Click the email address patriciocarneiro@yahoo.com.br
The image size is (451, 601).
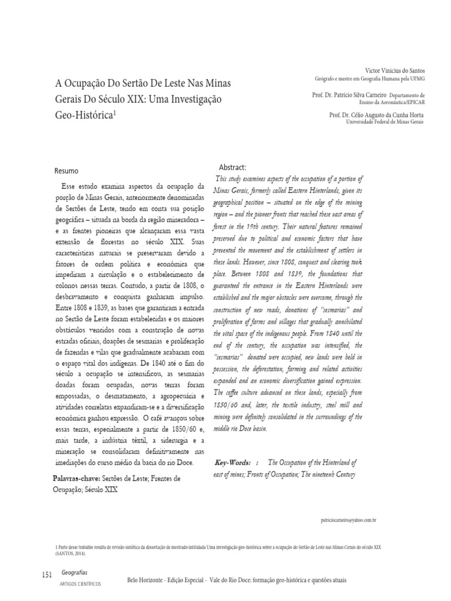pyautogui.click(x=349, y=521)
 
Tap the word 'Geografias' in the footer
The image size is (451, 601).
pyautogui.click(x=73, y=572)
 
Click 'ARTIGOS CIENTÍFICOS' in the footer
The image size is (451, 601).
pyautogui.click(x=81, y=585)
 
